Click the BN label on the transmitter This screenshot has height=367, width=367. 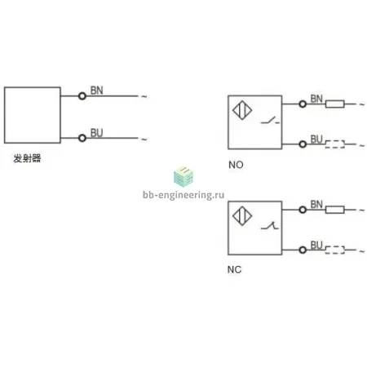(x=96, y=91)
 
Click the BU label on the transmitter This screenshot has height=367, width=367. (x=96, y=133)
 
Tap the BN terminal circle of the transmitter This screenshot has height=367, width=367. (x=82, y=96)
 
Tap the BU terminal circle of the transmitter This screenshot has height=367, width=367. (x=82, y=138)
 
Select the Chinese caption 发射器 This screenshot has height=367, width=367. (x=27, y=158)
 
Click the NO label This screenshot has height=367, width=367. (x=236, y=165)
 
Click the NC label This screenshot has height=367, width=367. (x=234, y=270)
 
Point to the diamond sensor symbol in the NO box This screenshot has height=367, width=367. (x=242, y=110)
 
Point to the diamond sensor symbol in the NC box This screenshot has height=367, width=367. (x=242, y=216)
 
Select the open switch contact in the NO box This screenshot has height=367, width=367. (x=270, y=120)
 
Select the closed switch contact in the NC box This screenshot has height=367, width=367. (x=270, y=225)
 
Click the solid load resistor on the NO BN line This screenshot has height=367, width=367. (x=335, y=104)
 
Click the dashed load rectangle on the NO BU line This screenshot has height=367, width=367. (x=335, y=144)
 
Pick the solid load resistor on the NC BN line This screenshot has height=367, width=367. (x=335, y=210)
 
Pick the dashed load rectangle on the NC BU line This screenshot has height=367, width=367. (x=335, y=250)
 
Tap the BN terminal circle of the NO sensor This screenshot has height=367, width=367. (x=303, y=104)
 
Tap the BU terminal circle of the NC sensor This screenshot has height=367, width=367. (x=303, y=250)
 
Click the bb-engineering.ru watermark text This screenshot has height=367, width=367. (x=183, y=195)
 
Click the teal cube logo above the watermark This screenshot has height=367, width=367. (x=183, y=176)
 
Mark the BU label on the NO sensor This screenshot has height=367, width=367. (x=316, y=139)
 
